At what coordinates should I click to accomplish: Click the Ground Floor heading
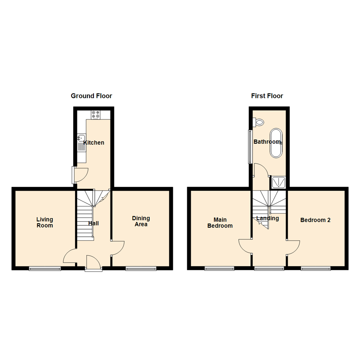[91, 96]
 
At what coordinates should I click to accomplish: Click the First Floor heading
[267, 96]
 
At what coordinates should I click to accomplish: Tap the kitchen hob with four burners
[95, 115]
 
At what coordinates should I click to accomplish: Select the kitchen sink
[81, 138]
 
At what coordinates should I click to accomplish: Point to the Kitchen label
[94, 143]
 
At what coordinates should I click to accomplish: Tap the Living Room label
[45, 222]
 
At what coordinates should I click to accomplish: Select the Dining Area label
[141, 221]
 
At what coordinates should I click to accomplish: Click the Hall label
[93, 223]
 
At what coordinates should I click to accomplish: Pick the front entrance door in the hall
[93, 263]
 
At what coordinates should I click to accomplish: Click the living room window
[45, 268]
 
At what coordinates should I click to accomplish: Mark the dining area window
[141, 268]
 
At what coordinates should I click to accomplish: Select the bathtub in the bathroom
[276, 143]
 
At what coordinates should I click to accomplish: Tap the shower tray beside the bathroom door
[277, 182]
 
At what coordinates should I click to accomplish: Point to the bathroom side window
[249, 147]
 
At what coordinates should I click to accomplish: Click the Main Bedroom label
[220, 223]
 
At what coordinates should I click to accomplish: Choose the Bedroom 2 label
[315, 220]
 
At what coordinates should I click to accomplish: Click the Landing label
[267, 218]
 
